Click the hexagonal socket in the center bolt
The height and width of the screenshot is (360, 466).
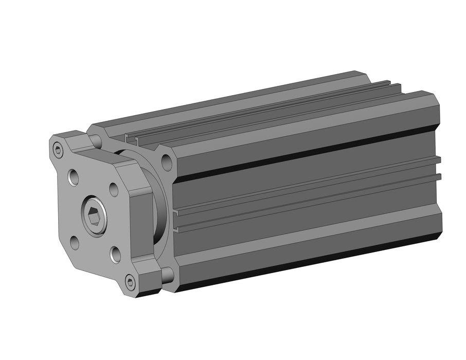click(94, 218)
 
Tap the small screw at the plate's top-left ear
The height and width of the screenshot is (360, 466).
click(58, 150)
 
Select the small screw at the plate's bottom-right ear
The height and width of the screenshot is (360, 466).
click(130, 282)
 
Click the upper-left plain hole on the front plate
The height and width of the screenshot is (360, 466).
click(73, 178)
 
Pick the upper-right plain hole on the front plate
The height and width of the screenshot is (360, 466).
click(114, 189)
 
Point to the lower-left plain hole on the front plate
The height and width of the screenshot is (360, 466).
click(75, 242)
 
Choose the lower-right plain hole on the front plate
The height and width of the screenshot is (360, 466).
click(115, 254)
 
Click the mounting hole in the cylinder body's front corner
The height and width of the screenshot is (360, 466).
click(166, 163)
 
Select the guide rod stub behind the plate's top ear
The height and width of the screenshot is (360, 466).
click(95, 140)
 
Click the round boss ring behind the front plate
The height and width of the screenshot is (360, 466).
click(160, 206)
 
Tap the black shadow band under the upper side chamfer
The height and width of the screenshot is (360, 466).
click(309, 152)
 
